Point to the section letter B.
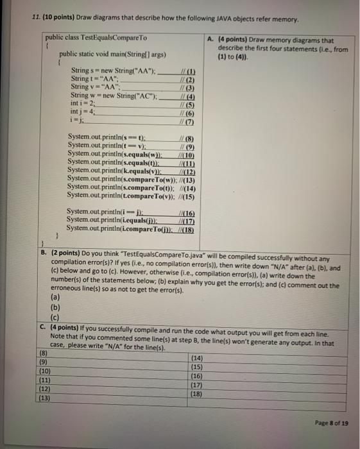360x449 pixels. [x=43, y=253]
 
